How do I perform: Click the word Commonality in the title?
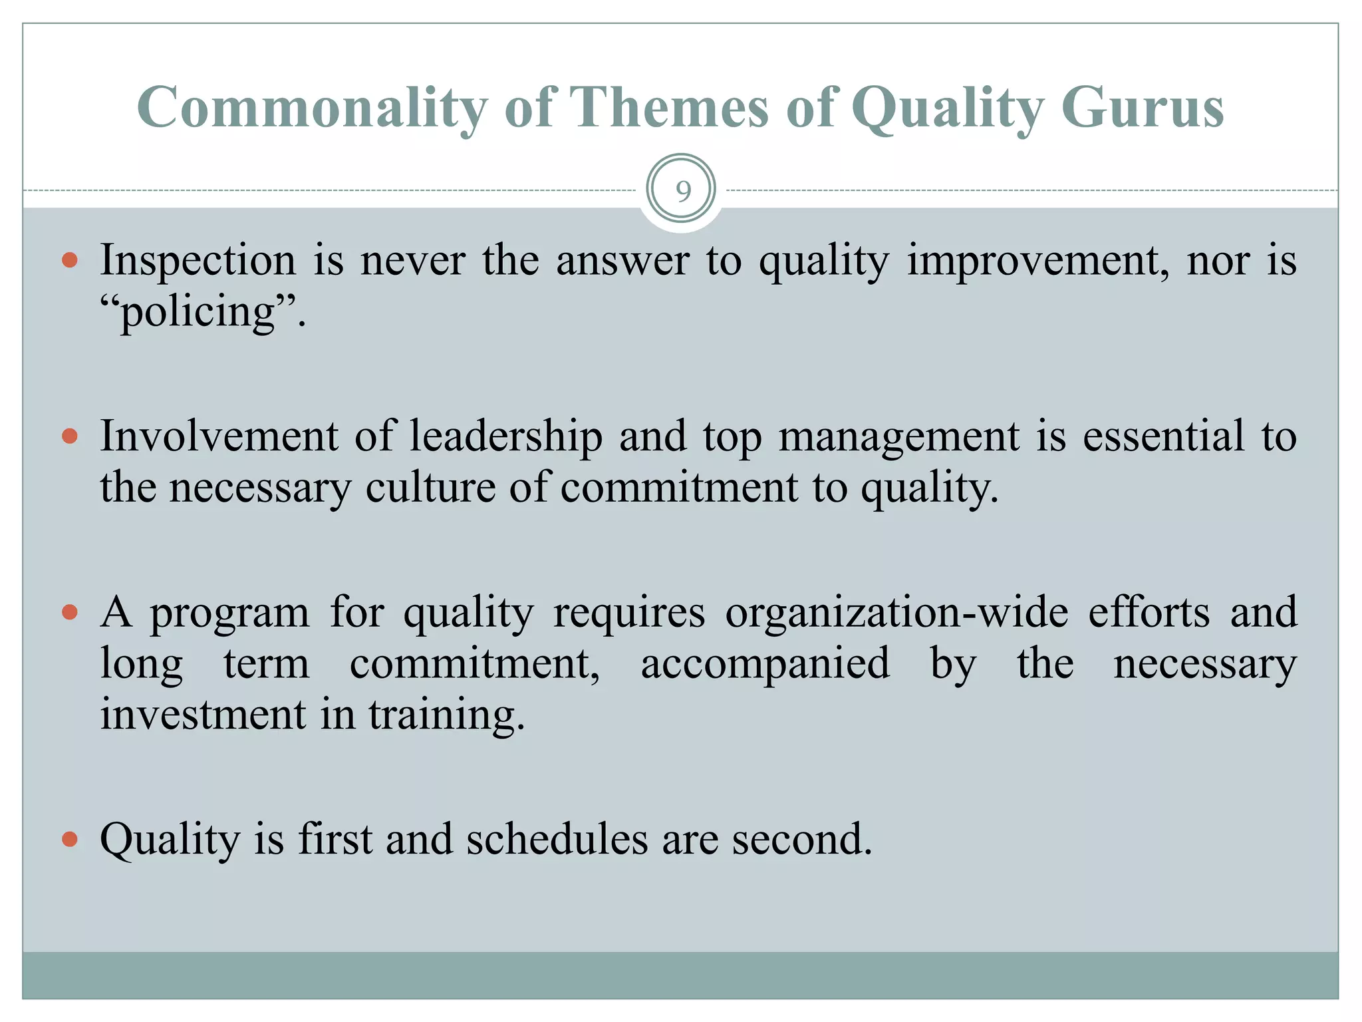pyautogui.click(x=311, y=108)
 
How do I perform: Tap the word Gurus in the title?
pyautogui.click(x=1142, y=108)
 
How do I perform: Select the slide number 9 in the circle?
pyautogui.click(x=682, y=191)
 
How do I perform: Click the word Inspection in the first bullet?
pyautogui.click(x=198, y=260)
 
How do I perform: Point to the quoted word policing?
pyautogui.click(x=198, y=313)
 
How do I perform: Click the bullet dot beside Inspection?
pyautogui.click(x=70, y=259)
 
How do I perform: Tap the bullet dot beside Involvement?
pyautogui.click(x=70, y=436)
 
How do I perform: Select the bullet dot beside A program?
pyautogui.click(x=70, y=612)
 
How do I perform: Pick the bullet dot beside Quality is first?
pyautogui.click(x=70, y=839)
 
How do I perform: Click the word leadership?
pyautogui.click(x=505, y=436)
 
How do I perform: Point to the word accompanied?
pyautogui.click(x=765, y=663)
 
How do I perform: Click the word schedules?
pyautogui.click(x=557, y=839)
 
